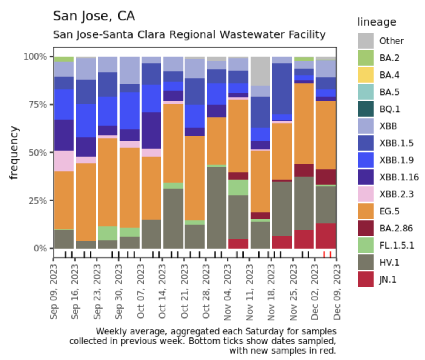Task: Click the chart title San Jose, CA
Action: [x=94, y=16]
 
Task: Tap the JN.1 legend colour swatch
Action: [x=365, y=280]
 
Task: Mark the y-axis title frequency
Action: [x=14, y=153]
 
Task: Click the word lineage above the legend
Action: [x=377, y=22]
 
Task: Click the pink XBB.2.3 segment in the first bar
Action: [x=64, y=161]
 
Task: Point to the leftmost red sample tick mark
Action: [x=324, y=254]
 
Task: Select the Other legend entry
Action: [x=391, y=41]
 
